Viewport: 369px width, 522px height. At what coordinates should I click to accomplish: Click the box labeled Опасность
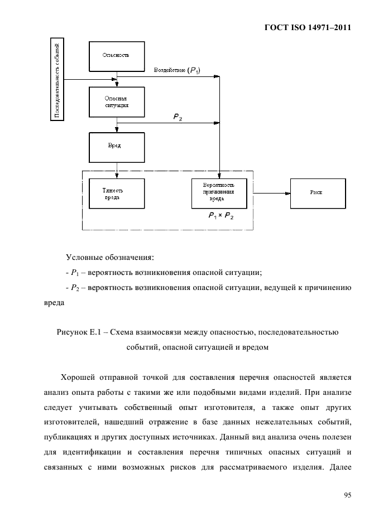tap(117, 56)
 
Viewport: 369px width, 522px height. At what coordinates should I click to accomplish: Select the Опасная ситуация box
tap(117, 102)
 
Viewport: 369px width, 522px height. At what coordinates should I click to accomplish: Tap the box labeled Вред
tap(117, 147)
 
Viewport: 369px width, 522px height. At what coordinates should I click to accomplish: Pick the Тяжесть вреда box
tap(117, 194)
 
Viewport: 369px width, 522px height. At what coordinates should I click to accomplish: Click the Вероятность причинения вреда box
tap(219, 194)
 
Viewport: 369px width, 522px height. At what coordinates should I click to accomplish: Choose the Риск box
tap(318, 194)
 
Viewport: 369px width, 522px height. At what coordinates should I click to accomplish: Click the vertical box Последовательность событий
tap(57, 79)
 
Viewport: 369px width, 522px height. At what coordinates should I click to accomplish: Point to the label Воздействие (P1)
tap(177, 70)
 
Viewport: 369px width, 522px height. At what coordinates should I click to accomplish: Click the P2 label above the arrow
tap(178, 117)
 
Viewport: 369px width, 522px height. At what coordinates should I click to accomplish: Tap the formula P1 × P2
tap(221, 216)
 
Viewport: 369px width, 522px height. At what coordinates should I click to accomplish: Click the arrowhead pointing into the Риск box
tap(287, 193)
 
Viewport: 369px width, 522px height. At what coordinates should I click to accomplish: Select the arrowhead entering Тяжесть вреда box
tap(117, 176)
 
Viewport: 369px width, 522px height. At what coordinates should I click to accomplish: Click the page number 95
tap(347, 495)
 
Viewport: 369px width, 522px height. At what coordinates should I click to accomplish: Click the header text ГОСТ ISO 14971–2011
tap(308, 27)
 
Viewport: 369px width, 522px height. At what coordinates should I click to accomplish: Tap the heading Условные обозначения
tap(110, 258)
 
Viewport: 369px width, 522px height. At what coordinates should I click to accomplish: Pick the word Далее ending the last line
tap(341, 467)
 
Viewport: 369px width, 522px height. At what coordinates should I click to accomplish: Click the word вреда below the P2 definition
tap(54, 303)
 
